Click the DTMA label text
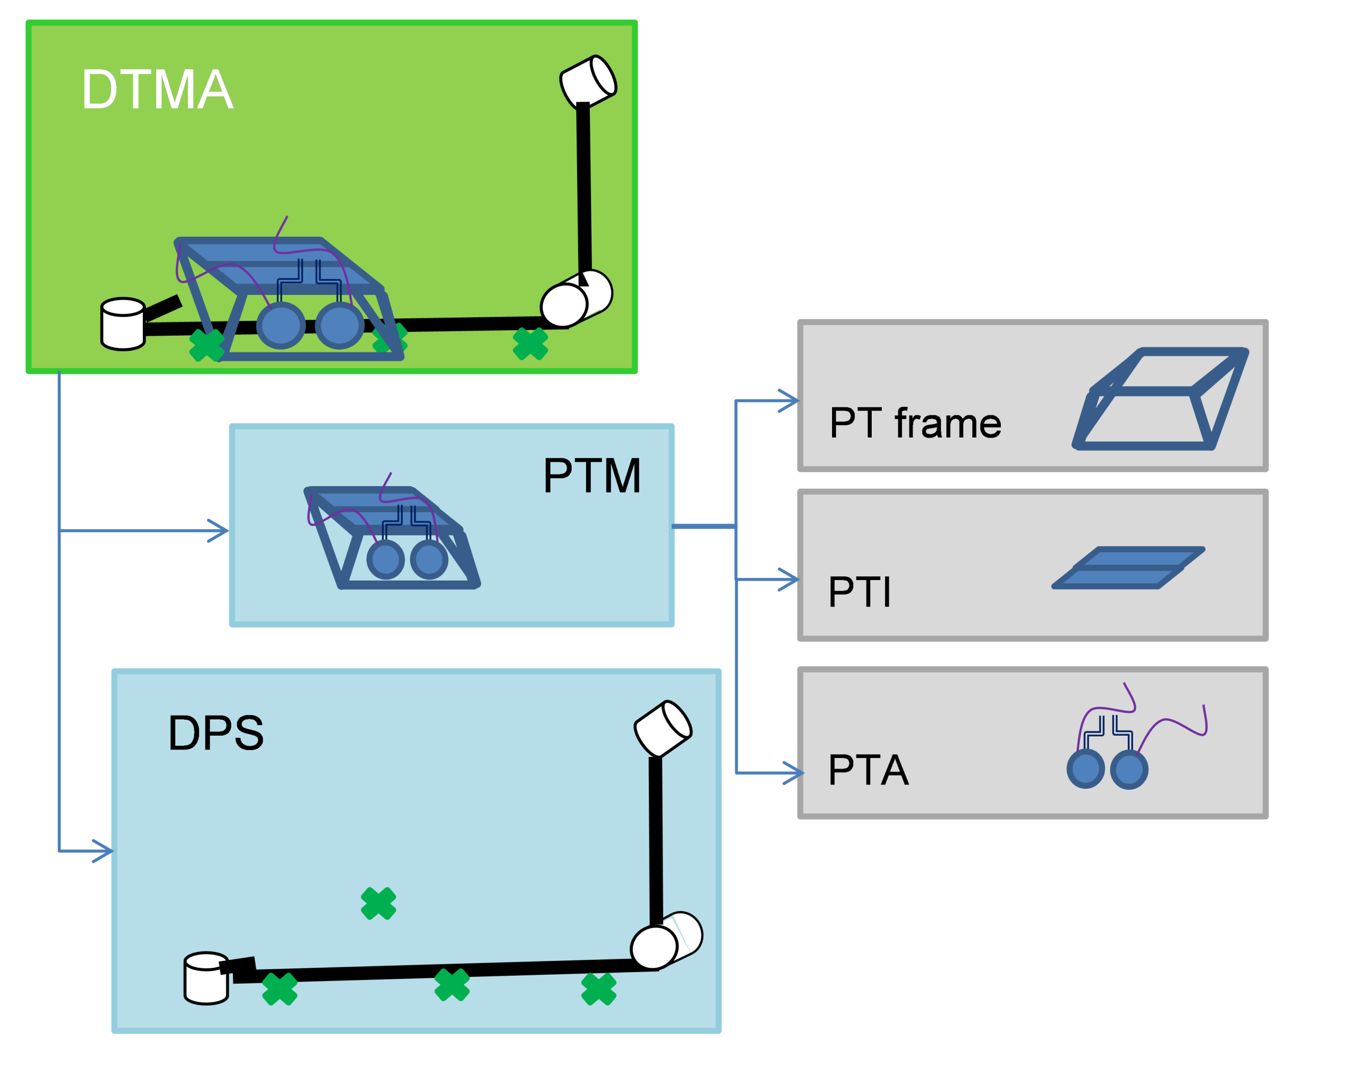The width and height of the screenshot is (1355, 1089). [x=158, y=90]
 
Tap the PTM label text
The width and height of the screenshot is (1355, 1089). [x=591, y=476]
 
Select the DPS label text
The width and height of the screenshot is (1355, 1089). [x=215, y=733]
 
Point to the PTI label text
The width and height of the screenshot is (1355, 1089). [x=860, y=592]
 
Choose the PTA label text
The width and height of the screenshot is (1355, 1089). [x=869, y=770]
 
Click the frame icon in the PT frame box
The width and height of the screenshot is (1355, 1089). [x=1160, y=399]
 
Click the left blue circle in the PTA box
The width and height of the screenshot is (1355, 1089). [x=1086, y=769]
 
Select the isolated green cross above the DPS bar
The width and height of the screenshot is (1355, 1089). [x=378, y=904]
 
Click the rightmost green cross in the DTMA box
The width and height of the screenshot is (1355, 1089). [x=530, y=344]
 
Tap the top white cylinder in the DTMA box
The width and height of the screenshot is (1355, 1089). [x=588, y=81]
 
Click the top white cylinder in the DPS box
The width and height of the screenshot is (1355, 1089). [x=663, y=728]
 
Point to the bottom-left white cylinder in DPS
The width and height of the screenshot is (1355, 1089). [x=205, y=978]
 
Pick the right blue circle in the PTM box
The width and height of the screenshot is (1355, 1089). [x=429, y=559]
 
